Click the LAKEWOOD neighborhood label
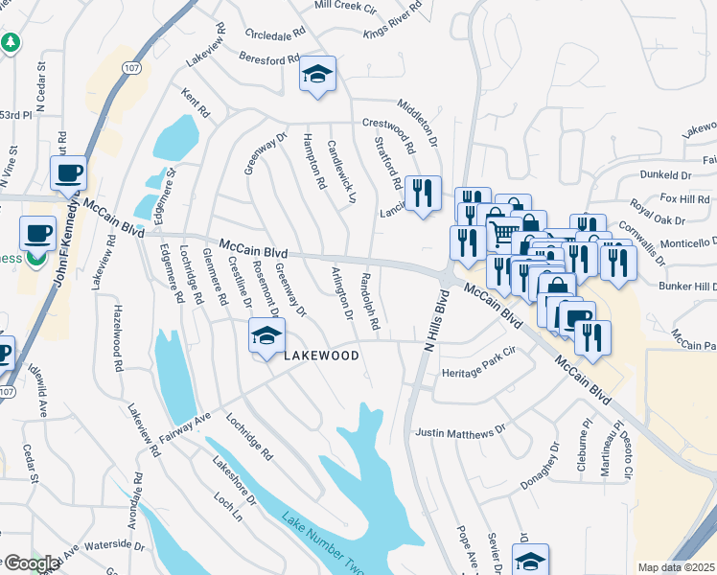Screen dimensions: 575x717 tap(321, 356)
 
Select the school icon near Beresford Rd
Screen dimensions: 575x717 tap(317, 75)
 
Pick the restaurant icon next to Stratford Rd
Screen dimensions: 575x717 tap(423, 194)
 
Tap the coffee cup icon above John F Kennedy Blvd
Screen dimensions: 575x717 tap(68, 173)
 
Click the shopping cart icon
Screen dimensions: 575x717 tap(502, 231)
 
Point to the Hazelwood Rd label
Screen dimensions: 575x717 tap(119, 338)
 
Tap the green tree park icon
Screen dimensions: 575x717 tap(11, 43)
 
